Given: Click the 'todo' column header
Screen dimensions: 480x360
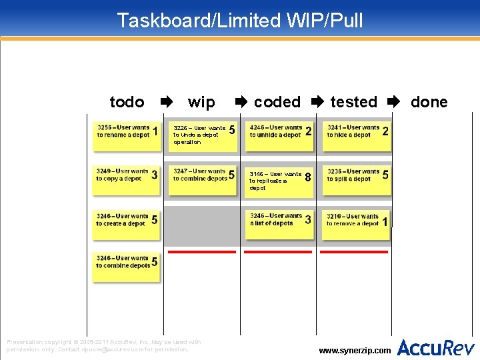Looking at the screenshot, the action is (127, 102).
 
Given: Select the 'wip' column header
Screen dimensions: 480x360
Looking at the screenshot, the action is (201, 102).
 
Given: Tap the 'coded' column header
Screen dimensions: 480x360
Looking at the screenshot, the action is (277, 102).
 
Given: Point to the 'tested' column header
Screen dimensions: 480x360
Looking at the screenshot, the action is (353, 102).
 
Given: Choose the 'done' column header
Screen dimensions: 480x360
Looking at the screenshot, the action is (429, 102).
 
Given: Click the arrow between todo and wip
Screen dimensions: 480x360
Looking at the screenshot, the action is (166, 102).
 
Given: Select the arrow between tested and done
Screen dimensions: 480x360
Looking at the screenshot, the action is (393, 102).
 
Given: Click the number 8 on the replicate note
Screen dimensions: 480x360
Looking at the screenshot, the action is (307, 178).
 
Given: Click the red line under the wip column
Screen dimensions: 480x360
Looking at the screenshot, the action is (202, 252).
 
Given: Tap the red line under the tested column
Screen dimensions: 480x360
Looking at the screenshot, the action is (355, 252).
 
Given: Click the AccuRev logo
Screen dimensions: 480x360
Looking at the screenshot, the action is (436, 347).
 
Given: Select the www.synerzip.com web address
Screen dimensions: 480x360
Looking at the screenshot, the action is (355, 350).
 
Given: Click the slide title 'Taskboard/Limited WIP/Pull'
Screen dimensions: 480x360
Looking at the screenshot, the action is (240, 20).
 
